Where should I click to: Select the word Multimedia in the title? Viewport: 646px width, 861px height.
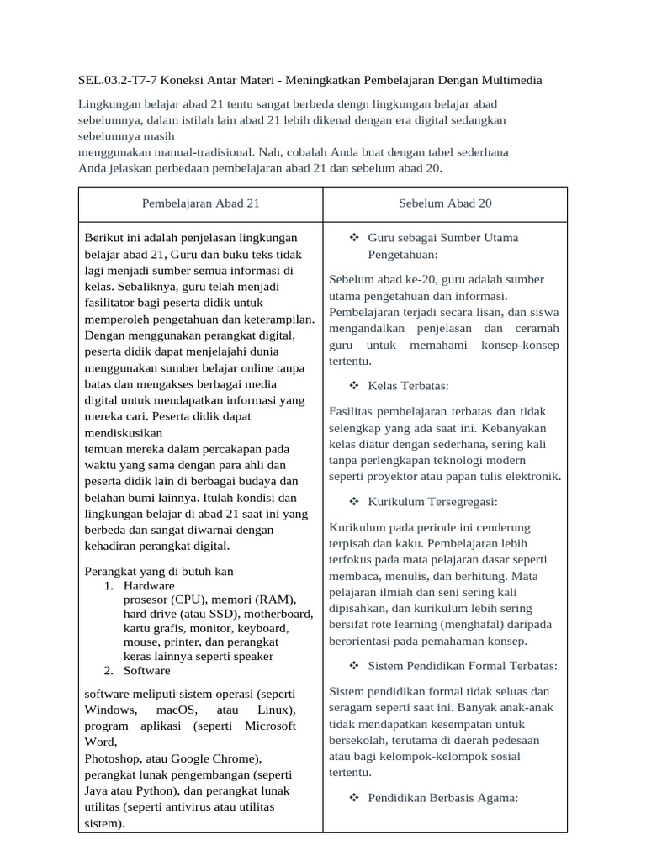coord(503,80)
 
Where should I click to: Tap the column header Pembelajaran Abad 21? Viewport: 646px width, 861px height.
coord(201,203)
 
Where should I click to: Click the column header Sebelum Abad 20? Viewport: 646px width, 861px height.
coord(445,203)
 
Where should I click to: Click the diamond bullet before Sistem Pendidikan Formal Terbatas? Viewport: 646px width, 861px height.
coord(353,665)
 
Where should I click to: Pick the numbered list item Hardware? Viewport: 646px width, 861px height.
coord(149,585)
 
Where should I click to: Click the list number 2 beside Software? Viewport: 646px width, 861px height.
coord(109,670)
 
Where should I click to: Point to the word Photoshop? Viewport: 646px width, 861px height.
coord(114,758)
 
